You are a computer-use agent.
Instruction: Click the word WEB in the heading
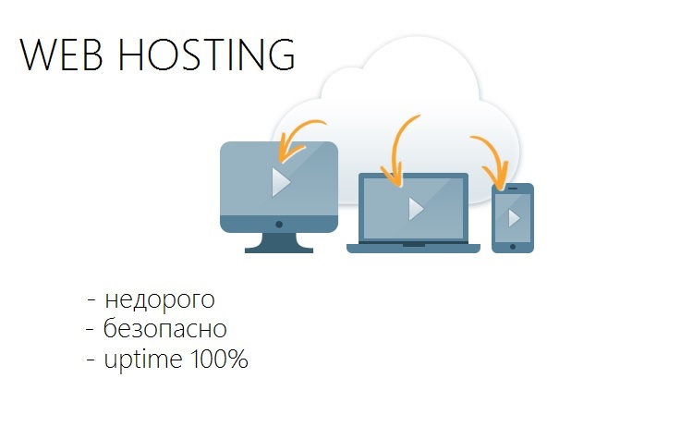(61, 55)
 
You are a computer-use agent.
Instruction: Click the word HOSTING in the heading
(206, 55)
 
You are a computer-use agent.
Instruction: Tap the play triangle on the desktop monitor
(282, 182)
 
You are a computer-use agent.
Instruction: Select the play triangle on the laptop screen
(417, 209)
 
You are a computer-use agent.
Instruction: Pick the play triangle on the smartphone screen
(514, 218)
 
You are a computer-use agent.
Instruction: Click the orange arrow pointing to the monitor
(294, 139)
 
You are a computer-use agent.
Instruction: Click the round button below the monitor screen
(279, 225)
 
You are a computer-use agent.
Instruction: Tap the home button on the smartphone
(513, 247)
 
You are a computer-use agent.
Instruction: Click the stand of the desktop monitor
(279, 243)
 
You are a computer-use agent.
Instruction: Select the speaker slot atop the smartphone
(513, 189)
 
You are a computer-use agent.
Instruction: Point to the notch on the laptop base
(414, 245)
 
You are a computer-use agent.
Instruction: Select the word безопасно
(164, 327)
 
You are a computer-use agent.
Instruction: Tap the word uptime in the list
(143, 359)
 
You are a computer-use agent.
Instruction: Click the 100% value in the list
(219, 359)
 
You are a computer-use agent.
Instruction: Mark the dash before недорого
(91, 300)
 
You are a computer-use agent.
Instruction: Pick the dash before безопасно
(91, 329)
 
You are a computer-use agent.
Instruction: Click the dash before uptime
(91, 360)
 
